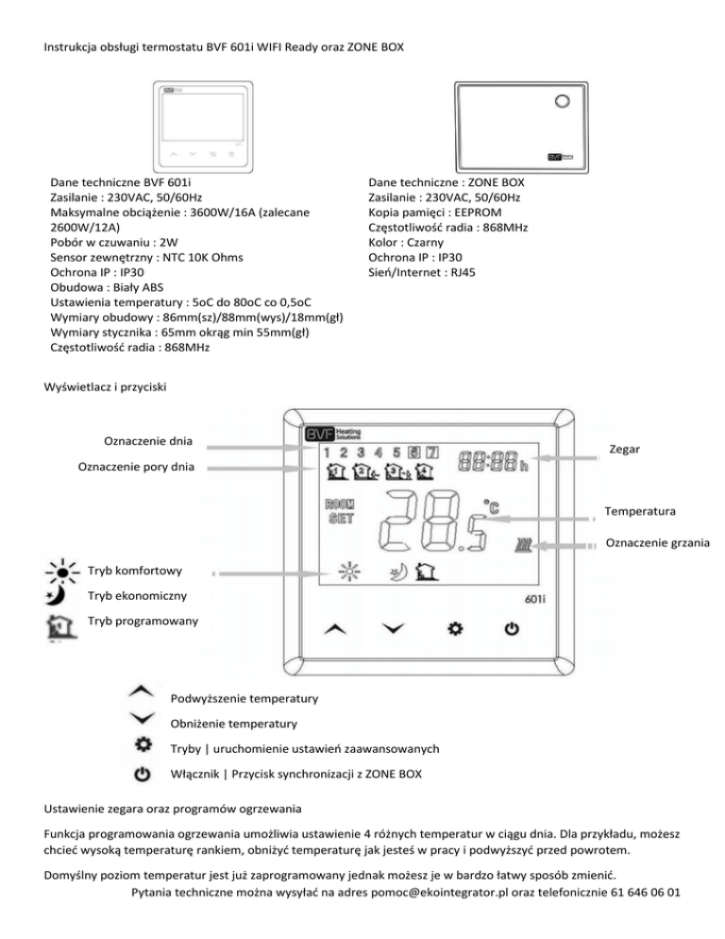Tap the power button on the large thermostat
pos(511,628)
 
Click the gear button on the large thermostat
pos(454,628)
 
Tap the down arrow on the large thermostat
pos(391,628)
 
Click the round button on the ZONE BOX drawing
pos(563,100)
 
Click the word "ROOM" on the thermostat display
pos(339,505)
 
